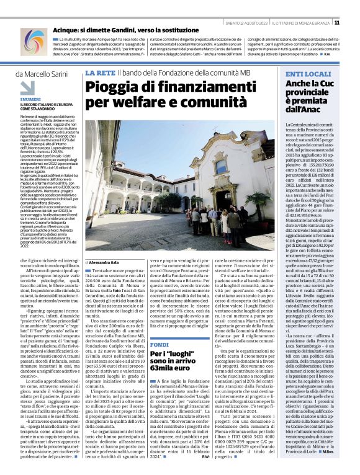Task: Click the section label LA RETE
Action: click(99, 74)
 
